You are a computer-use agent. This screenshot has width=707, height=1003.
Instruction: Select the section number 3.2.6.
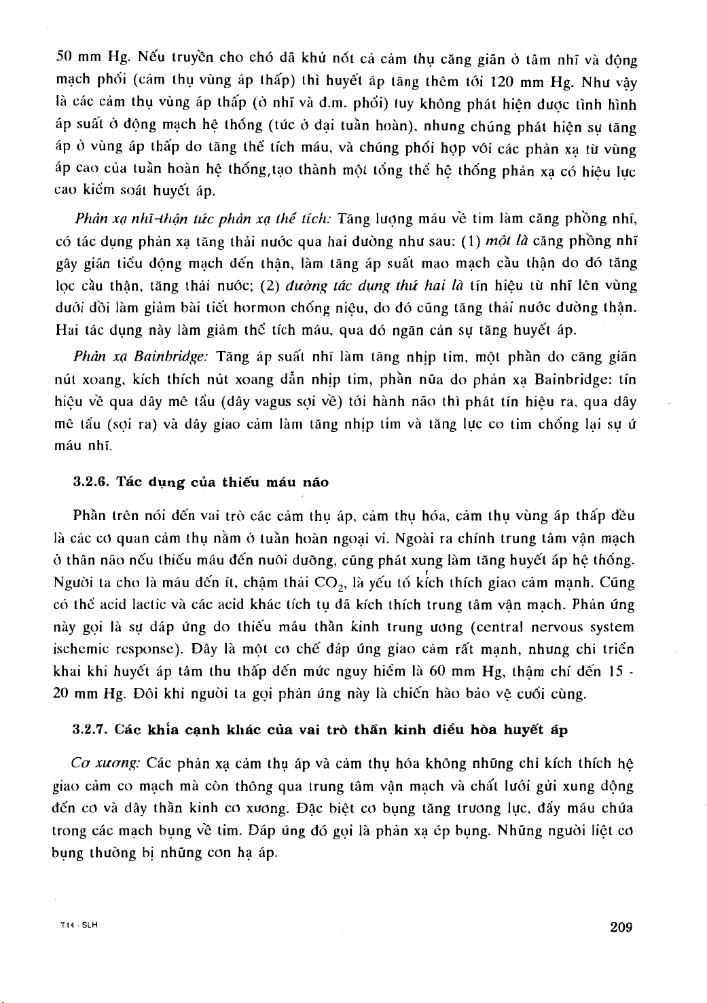tap(91, 482)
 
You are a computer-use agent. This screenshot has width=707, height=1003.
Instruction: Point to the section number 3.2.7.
tap(91, 730)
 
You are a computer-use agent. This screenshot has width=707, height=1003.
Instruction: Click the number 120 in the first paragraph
tap(501, 82)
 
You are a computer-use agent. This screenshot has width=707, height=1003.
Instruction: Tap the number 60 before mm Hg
tap(438, 672)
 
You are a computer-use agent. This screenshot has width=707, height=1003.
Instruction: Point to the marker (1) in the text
tap(470, 240)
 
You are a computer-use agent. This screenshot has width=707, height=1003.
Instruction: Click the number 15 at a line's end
tap(616, 672)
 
